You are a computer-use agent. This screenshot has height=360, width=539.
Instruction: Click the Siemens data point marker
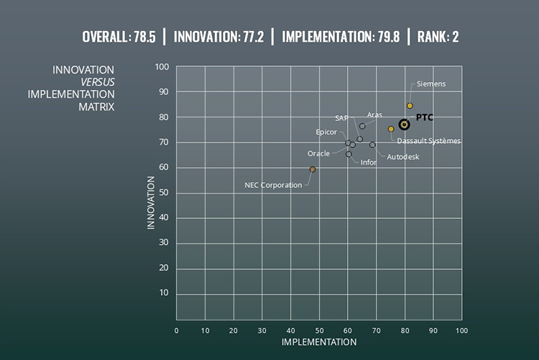(410, 106)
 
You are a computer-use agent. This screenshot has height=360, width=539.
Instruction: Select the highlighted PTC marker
(405, 125)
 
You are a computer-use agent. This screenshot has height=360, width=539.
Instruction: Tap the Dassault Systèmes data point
(391, 129)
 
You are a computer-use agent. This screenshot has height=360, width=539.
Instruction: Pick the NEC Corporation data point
(313, 169)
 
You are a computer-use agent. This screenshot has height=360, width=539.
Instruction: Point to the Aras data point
(362, 127)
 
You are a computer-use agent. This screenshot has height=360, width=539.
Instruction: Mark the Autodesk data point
(372, 145)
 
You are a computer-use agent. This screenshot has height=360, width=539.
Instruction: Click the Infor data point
(349, 154)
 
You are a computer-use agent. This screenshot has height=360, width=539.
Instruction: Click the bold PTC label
(425, 117)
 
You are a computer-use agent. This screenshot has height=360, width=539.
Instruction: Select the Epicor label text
(326, 132)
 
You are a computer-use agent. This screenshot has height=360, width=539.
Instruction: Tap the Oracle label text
(318, 153)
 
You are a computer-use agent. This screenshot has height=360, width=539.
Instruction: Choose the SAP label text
(341, 117)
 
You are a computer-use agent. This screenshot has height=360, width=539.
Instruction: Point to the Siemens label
(431, 84)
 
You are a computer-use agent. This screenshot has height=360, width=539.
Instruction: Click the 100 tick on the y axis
(162, 67)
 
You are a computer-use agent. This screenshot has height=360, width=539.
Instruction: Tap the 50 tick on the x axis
(319, 330)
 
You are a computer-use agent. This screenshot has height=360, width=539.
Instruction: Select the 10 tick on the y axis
(164, 293)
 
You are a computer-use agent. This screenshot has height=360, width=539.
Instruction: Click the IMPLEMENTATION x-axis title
(319, 342)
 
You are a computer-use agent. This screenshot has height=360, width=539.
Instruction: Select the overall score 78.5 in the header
(143, 36)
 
